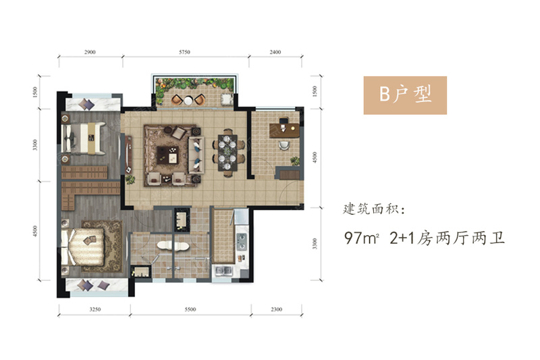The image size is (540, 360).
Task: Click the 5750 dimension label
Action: tap(184, 52)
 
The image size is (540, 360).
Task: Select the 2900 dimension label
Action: tap(90, 52)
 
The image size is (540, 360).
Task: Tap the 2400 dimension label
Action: tap(275, 52)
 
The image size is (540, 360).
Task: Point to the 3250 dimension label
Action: tap(95, 309)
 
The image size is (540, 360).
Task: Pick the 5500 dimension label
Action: tap(190, 309)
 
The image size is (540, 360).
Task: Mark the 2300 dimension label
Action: tap(276, 309)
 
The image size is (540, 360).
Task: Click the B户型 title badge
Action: tap(405, 95)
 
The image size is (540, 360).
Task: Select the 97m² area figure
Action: tap(362, 238)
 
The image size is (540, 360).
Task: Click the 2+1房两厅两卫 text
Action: tap(447, 238)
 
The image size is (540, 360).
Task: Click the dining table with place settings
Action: tap(227, 153)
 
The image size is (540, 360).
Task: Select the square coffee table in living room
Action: tap(167, 155)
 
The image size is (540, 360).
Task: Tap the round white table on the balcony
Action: tap(188, 101)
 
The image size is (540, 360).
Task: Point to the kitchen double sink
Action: tap(224, 270)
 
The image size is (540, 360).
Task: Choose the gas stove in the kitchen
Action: tap(242, 241)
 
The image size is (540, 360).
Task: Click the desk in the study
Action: tap(284, 130)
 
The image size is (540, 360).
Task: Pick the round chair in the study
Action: tap(284, 145)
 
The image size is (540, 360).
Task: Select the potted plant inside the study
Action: tap(294, 161)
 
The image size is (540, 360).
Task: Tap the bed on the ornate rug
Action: tap(82, 247)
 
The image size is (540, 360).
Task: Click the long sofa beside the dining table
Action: tap(196, 155)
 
